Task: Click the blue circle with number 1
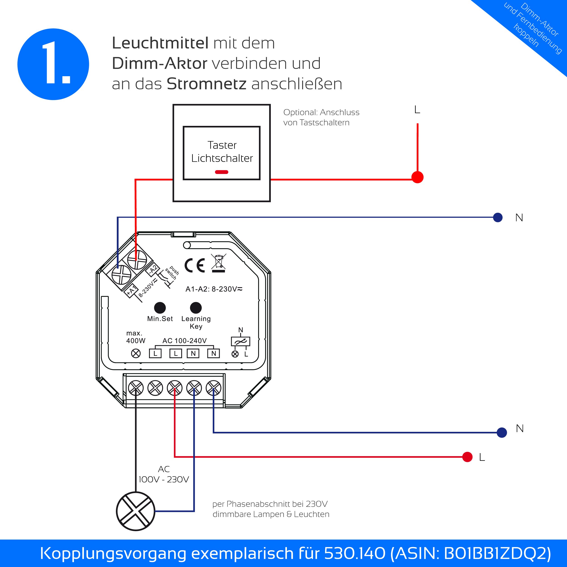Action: click(53, 64)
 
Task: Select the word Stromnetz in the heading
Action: click(206, 84)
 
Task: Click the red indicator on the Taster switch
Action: click(222, 172)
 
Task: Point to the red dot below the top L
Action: click(417, 177)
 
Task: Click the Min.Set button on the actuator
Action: click(160, 308)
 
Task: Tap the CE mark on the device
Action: click(194, 265)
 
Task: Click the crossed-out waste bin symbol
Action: click(218, 263)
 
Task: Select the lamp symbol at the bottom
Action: click(136, 511)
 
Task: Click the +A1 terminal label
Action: click(131, 290)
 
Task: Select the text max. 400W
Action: click(136, 337)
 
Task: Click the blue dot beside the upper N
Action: click(498, 218)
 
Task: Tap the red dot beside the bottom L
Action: click(467, 457)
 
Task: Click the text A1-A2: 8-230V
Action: click(214, 289)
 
